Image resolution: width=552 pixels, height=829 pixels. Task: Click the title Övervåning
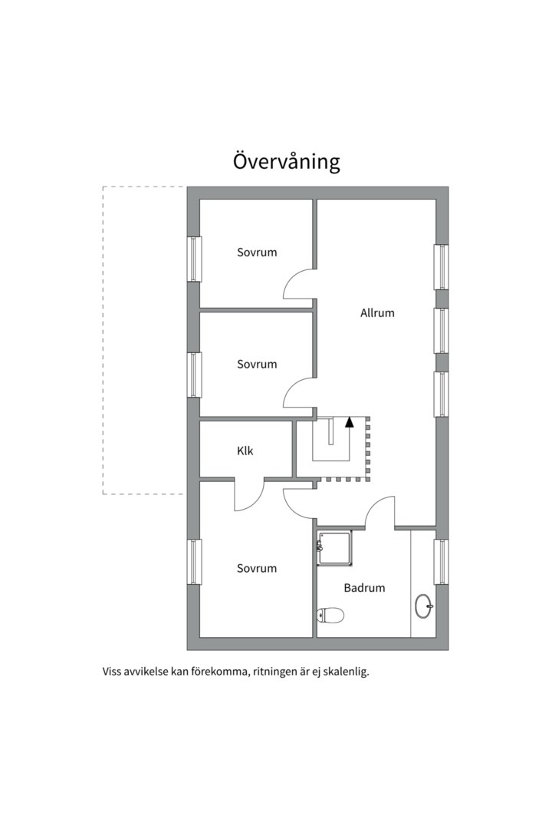286,162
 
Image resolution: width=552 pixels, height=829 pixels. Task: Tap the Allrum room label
377,313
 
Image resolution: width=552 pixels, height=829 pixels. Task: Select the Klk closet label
245,451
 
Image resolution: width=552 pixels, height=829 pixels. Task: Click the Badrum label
364,588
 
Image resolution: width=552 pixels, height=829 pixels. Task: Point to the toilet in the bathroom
330,615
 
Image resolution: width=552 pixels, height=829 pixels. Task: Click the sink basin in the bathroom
424,606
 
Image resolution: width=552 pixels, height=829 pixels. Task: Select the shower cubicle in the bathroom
334,548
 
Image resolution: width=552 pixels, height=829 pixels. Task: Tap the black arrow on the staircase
349,422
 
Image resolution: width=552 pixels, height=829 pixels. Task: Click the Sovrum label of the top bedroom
257,253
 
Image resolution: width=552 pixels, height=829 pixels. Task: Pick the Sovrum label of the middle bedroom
257,365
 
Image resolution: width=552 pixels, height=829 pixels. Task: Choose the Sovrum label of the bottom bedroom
257,569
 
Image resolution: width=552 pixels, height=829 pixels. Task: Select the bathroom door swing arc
374,505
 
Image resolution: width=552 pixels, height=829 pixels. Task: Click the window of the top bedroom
195,259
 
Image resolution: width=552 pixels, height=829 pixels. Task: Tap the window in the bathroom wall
441,561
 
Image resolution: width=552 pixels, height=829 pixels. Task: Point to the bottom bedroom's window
195,561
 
